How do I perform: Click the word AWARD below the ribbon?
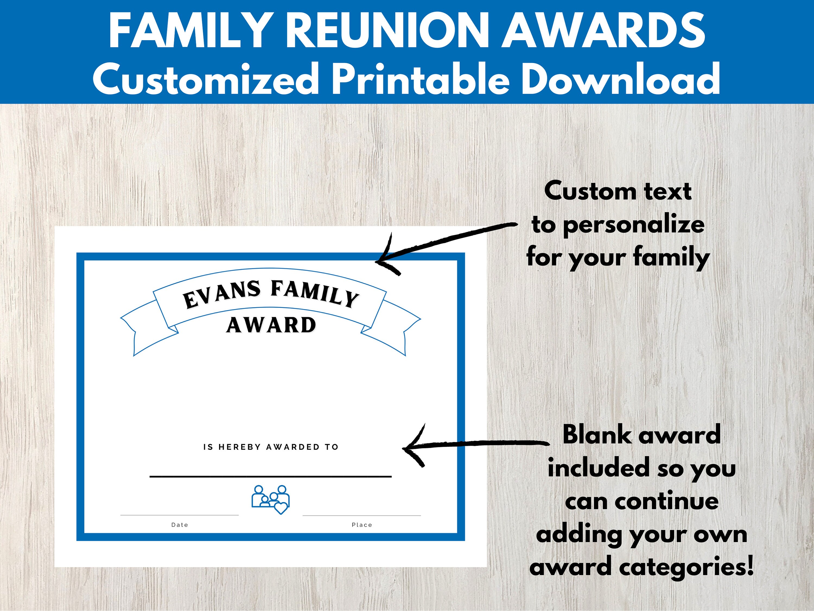click(271, 325)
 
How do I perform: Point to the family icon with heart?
click(271, 499)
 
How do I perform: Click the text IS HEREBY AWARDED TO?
click(271, 447)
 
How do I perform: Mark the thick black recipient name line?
click(271, 477)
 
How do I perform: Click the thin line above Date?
click(180, 515)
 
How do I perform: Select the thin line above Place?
click(362, 515)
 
